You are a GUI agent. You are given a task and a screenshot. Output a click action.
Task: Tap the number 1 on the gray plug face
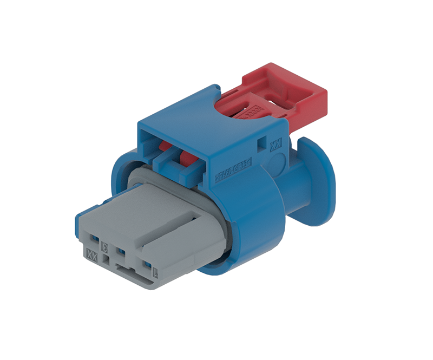click(155, 273)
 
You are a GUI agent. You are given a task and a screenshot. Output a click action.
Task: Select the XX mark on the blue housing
click(275, 145)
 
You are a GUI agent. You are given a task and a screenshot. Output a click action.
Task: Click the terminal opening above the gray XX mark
click(93, 239)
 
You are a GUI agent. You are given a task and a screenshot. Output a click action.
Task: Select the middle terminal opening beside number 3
click(120, 252)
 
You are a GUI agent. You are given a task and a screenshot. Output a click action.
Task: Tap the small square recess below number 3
click(106, 260)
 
